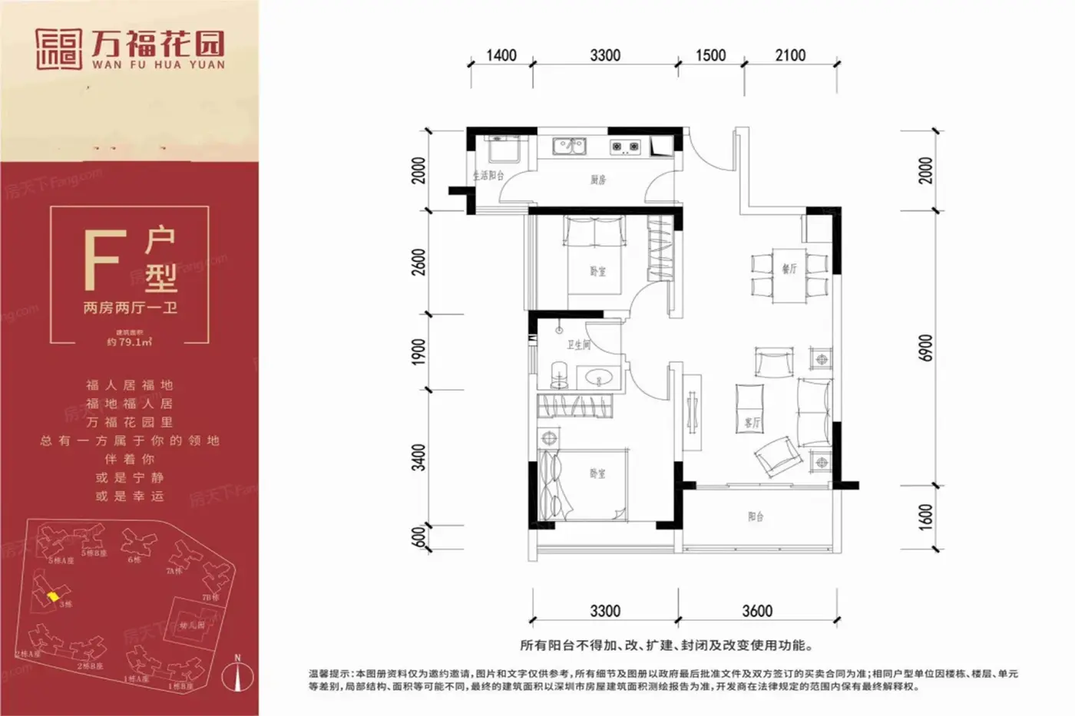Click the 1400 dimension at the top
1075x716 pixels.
coord(501,55)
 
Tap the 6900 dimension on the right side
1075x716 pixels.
coord(926,348)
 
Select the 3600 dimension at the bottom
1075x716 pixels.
coord(757,611)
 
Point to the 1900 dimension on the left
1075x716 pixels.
coord(418,351)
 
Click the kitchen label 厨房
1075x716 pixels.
coord(598,180)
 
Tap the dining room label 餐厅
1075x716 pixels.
coord(789,269)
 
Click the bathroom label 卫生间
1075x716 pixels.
coord(578,345)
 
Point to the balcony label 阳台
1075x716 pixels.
coord(756,516)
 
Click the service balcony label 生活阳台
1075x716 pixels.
coord(488,176)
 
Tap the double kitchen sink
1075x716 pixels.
coord(569,145)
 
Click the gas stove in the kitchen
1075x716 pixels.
coord(625,146)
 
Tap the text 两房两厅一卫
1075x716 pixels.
coord(130,308)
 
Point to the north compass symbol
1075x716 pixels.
coord(238,676)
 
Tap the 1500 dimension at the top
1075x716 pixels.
coord(710,55)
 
